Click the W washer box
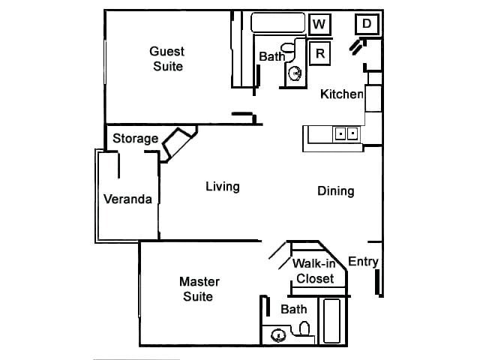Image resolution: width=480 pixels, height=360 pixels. tap(319, 24)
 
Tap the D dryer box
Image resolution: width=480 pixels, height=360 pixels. tap(367, 24)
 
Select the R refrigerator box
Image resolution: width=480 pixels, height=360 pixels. tap(320, 53)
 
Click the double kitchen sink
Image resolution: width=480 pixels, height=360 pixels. tap(346, 134)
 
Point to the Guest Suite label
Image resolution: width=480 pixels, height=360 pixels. tap(167, 58)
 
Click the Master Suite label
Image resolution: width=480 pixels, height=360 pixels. tap(199, 289)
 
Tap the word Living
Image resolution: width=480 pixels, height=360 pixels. tap(222, 186)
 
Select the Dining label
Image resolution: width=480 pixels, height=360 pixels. tap(335, 191)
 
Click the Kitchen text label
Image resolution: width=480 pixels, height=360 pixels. tap(342, 94)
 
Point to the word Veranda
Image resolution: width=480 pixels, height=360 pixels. tap(127, 199)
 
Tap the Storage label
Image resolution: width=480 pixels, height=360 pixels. tap(135, 139)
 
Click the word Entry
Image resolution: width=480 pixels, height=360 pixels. tap(363, 262)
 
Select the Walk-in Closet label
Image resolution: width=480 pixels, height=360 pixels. tap(314, 271)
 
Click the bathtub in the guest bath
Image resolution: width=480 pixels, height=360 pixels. tap(278, 22)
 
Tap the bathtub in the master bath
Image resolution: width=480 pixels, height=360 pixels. tap(330, 320)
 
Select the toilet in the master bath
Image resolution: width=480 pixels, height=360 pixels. tap(304, 328)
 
